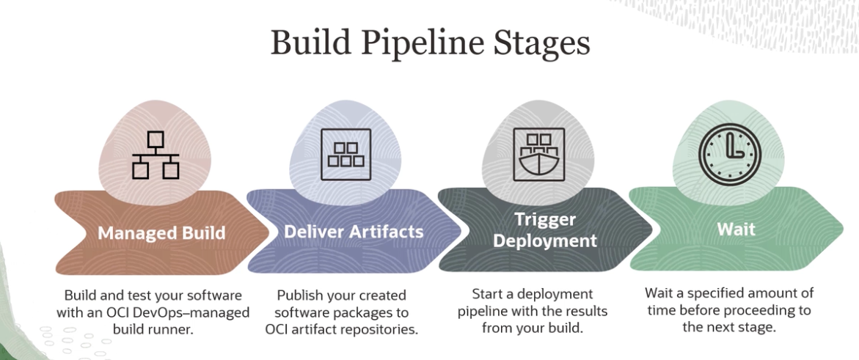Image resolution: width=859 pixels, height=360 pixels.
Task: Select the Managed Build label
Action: coord(161,233)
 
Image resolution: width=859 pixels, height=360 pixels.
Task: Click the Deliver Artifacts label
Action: coord(354,232)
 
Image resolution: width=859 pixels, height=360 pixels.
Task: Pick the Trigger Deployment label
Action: coord(544,229)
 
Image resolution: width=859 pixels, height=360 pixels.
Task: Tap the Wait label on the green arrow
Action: coord(736,229)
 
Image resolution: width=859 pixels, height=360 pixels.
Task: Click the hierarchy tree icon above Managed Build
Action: coord(156,155)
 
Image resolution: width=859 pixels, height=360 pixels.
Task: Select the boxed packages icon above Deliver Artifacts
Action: coord(346,154)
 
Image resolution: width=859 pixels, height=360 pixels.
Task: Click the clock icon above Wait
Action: coord(729,155)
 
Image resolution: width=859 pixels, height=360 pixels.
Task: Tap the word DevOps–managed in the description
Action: coord(202,312)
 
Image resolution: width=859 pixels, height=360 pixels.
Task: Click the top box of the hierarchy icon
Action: coord(156,139)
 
